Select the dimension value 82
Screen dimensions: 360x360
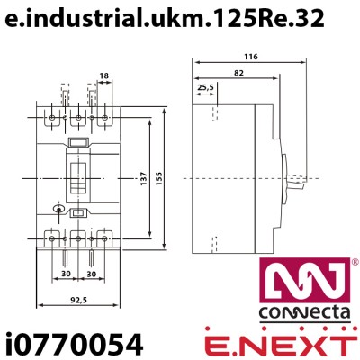point(237,72)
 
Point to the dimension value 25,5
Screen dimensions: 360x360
point(206,87)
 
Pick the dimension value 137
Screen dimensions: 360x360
point(144,177)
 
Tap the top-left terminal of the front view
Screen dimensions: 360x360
point(52,118)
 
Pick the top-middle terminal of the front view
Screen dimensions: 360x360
point(78,118)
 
